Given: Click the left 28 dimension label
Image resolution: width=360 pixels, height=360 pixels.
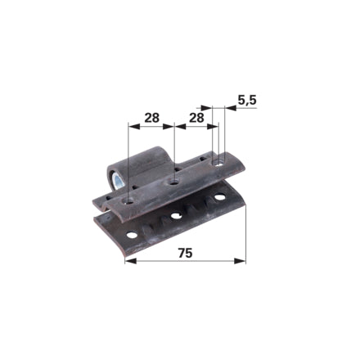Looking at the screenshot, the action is coord(151,118).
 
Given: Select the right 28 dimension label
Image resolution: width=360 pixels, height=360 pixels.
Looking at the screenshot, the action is coord(196,118).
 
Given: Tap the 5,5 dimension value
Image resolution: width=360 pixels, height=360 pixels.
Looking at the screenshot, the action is coord(247,100).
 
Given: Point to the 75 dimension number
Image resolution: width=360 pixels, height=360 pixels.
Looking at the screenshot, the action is coord(185,253).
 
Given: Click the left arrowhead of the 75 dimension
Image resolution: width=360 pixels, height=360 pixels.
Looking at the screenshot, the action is coord(131,261).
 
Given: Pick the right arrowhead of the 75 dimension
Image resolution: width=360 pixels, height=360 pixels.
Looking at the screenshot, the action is coord(240,261).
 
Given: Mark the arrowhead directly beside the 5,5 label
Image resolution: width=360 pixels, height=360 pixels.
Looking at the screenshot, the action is coord(231,108).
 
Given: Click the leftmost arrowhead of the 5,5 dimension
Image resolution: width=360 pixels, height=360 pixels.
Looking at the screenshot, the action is coord(206,108).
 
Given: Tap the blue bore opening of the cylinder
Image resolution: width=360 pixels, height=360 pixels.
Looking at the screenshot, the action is coord(119,181).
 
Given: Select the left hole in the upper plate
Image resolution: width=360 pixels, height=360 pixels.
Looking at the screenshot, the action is coord(128,202).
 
